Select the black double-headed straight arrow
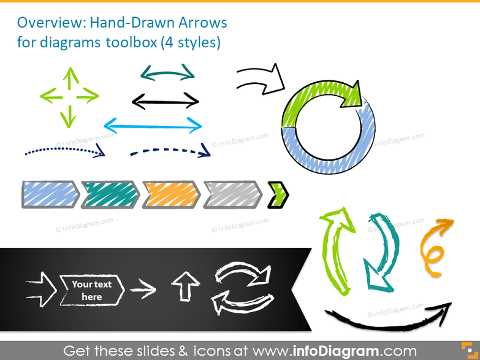click(166, 100)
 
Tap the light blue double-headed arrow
click(153, 126)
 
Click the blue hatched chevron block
click(50, 194)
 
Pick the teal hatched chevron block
click(110, 194)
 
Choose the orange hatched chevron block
click(171, 194)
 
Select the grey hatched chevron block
click(232, 194)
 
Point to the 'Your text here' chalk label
click(91, 290)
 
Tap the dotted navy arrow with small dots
click(64, 151)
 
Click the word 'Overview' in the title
click(51, 23)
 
